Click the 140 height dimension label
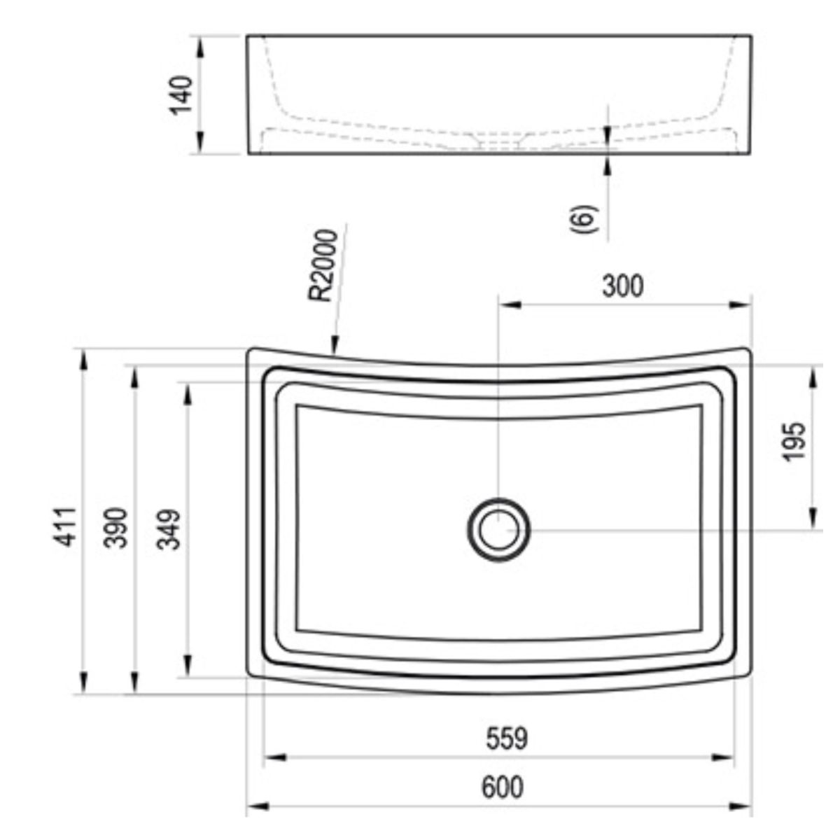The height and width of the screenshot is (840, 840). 181,95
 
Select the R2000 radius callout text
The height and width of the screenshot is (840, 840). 323,265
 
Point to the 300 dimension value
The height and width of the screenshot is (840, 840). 622,286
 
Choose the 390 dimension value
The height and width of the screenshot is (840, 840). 115,528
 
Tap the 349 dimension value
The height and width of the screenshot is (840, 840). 169,529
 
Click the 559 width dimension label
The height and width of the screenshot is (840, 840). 507,738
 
